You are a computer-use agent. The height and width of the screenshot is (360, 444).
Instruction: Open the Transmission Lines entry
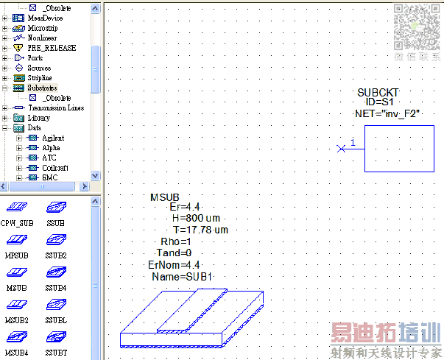(55, 107)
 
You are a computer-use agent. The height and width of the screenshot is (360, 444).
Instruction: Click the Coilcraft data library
(55, 168)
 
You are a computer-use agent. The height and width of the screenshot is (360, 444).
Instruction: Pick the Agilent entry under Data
(52, 138)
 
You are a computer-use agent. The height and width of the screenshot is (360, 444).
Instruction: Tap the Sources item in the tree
(39, 68)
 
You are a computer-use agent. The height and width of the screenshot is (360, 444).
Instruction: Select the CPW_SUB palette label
(16, 222)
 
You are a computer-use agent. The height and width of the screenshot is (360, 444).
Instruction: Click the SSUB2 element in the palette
(55, 255)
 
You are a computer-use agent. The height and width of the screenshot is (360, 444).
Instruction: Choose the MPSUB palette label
(16, 255)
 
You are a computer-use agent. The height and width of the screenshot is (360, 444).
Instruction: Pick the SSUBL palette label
(55, 320)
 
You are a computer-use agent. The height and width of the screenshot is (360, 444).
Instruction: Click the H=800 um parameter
(196, 219)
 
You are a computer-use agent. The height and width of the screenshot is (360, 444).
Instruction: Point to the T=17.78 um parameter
(200, 230)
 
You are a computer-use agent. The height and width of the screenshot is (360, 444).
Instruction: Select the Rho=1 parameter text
(176, 241)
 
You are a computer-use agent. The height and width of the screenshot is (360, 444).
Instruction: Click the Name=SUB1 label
(182, 276)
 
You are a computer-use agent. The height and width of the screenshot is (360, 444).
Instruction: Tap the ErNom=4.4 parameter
(174, 264)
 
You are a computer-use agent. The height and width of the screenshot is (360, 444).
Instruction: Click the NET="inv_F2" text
(387, 114)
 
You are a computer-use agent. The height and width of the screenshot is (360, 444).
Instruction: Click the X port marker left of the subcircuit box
(340, 149)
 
